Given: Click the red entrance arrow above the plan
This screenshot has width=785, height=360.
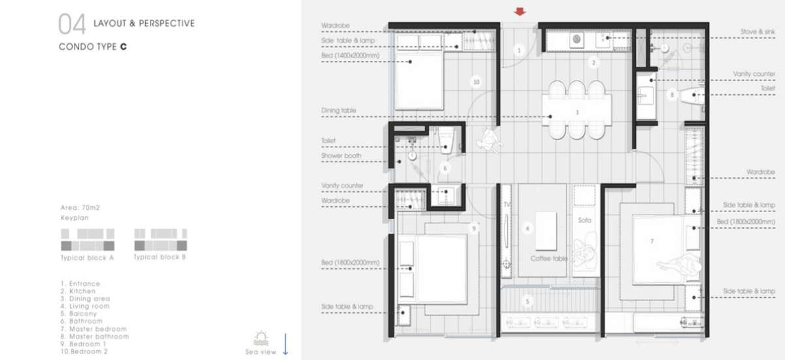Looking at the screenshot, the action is point(519,12).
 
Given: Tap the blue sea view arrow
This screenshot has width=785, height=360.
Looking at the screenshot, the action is point(285,344).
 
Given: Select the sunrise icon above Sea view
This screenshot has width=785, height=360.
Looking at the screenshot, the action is point(261,338).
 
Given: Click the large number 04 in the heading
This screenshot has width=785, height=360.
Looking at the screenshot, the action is point(72,24).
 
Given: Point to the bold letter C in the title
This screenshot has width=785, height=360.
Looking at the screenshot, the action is point(124,46).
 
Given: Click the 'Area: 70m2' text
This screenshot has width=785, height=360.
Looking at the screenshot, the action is point(80,207).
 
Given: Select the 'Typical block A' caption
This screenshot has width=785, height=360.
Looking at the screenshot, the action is point(87,258).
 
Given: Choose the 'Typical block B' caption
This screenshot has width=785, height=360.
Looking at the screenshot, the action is point(160,257).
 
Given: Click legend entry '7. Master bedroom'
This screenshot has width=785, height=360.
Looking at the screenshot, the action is point(94,329).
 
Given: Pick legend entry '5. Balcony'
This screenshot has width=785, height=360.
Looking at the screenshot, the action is point(78,314).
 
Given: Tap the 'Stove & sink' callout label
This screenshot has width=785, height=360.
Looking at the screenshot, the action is point(758,31).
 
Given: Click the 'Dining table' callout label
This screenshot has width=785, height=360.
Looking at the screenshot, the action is point(339,111).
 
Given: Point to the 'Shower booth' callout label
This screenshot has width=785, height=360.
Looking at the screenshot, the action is point(341,156).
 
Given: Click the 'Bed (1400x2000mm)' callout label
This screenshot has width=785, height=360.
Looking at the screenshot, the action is point(350,56).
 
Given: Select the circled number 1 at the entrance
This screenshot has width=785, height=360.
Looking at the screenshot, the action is point(519,50).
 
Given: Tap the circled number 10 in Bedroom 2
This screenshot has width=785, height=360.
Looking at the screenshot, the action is point(476,82).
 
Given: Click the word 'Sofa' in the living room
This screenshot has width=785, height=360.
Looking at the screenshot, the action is point(585,220).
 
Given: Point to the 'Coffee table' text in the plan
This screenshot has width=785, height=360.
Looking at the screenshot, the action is point(549,259).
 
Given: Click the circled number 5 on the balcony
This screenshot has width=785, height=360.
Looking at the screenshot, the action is point(527,301).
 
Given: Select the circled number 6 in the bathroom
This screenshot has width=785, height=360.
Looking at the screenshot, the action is point(445,168).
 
